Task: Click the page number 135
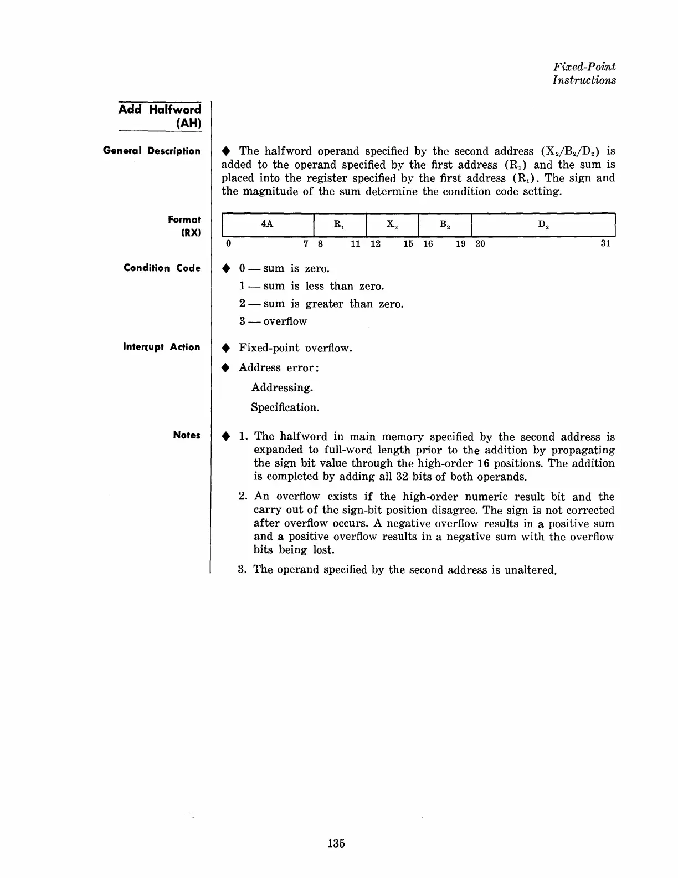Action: click(336, 843)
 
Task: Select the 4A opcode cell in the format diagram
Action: click(267, 224)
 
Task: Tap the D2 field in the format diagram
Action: click(543, 224)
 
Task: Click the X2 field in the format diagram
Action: click(392, 224)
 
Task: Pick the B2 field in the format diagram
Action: click(444, 224)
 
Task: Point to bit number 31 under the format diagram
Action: click(605, 244)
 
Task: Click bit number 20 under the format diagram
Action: click(480, 244)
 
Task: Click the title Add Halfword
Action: click(160, 109)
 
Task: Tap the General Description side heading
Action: click(152, 151)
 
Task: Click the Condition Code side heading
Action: click(162, 268)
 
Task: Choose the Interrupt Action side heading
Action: click(161, 347)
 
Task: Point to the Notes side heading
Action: click(186, 435)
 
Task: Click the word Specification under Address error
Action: click(285, 407)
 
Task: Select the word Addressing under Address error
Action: click(282, 387)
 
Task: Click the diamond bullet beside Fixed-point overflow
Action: click(225, 349)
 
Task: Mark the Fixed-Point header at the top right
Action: click(584, 67)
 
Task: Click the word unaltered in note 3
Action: click(530, 570)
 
